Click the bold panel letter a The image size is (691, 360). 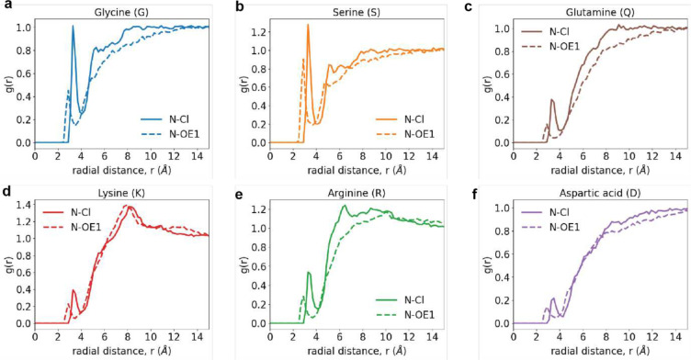coord(6,6)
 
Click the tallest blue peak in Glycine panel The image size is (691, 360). coord(73,27)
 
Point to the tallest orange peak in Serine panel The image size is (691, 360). coord(308,26)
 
